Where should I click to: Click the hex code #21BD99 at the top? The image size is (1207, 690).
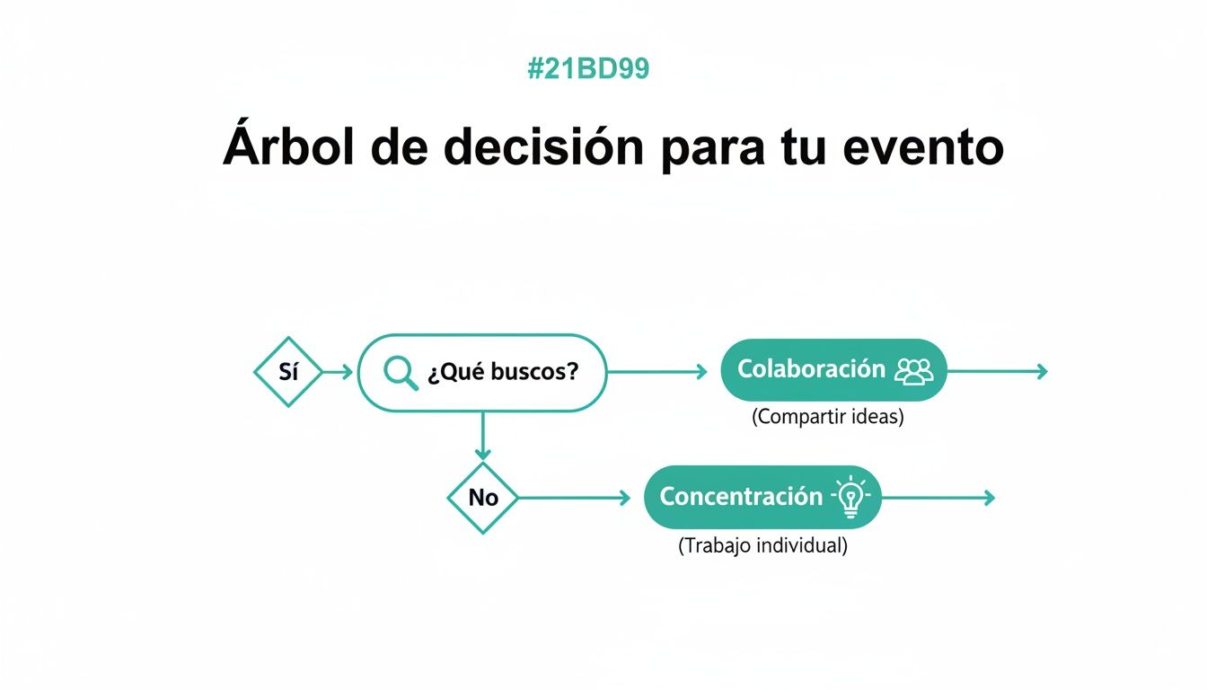[588, 69]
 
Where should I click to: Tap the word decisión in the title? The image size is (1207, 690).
[542, 147]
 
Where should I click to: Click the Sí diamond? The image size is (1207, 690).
[288, 372]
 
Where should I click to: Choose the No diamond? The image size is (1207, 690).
[483, 498]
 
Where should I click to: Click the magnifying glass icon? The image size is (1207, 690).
[401, 373]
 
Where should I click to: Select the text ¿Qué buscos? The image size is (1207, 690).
[502, 372]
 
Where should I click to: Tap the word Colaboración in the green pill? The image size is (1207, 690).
[811, 369]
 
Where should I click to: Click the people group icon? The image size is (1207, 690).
[914, 370]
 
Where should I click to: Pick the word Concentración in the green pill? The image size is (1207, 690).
[741, 497]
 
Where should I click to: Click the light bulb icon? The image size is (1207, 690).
[850, 498]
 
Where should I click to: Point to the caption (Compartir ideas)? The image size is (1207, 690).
[827, 418]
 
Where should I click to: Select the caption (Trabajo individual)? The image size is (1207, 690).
[762, 545]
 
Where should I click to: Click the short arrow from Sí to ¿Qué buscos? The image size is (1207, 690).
[339, 372]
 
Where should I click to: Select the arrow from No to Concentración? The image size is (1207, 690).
[575, 498]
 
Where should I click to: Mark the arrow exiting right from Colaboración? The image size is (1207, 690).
[997, 371]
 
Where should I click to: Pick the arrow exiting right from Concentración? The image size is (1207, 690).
[938, 498]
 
